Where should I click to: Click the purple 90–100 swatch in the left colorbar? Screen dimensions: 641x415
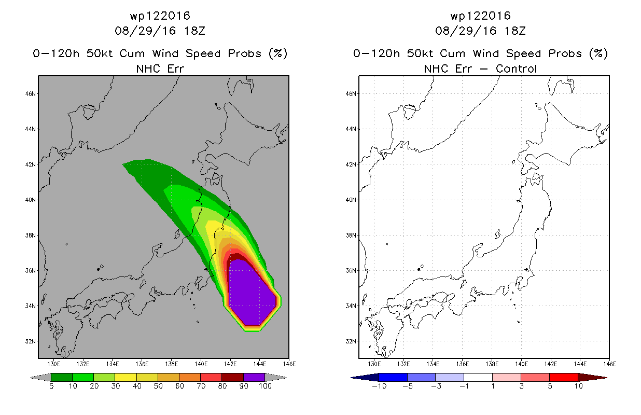coord(254,377)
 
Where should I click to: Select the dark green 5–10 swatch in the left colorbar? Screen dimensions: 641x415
coord(62,377)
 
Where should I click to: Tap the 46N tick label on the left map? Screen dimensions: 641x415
coord(31,93)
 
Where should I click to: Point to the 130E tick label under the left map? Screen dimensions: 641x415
coord(54,364)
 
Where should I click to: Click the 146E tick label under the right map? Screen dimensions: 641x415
coord(609,364)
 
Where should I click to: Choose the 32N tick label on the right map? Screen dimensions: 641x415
coord(351,341)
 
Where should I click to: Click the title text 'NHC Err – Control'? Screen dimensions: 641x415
coord(480,69)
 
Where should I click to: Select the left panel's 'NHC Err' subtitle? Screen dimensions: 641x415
coord(160,69)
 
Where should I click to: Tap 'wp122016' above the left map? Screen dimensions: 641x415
coord(160,16)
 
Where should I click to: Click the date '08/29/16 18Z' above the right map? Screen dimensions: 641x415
coord(480,31)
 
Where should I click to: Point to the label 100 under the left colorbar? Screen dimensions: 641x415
coord(265,386)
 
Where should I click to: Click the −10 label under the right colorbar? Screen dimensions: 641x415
coord(379,386)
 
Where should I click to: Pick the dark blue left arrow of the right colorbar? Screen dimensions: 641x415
coord(365,378)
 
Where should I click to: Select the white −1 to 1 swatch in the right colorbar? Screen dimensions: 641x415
coord(478,377)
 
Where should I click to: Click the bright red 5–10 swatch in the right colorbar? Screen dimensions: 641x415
coord(564,377)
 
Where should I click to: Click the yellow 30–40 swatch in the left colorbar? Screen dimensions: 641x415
coord(126,377)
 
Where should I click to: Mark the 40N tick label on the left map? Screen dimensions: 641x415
coord(31,200)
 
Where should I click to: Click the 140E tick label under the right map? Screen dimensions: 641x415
coord(521,364)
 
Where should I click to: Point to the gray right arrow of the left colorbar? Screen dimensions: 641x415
coord(276,378)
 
